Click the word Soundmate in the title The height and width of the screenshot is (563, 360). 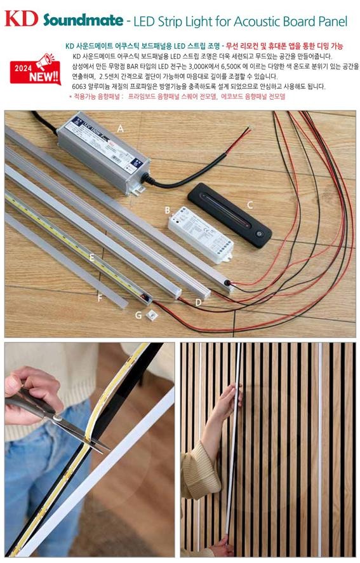click(83, 21)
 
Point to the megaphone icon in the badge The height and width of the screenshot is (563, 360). click(45, 62)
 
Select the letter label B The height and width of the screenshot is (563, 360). click(166, 210)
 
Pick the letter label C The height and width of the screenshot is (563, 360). click(250, 205)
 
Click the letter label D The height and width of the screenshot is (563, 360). click(199, 302)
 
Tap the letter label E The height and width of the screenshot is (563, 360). click(93, 257)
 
